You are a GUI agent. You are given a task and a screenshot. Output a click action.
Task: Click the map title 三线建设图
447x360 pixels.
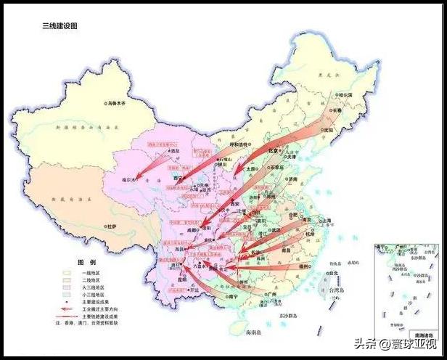pyautogui.click(x=60, y=25)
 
